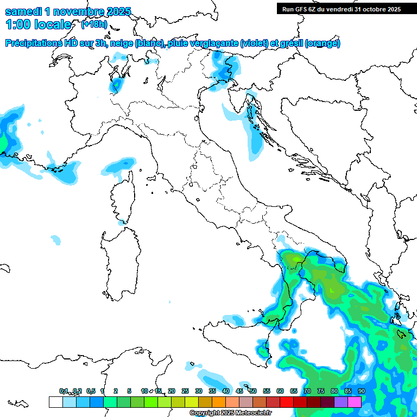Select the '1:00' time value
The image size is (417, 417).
(x=20, y=24)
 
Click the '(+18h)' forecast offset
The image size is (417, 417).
(x=94, y=24)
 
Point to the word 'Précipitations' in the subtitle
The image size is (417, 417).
(x=34, y=43)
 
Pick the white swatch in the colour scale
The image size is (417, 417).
(x=55, y=402)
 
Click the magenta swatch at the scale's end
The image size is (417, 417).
(x=355, y=402)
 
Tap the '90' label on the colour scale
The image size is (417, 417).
(x=362, y=391)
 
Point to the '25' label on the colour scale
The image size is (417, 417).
(x=185, y=391)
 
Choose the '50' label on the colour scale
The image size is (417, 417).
(x=253, y=391)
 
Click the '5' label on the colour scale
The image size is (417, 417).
(x=129, y=391)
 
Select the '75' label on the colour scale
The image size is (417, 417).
(x=321, y=391)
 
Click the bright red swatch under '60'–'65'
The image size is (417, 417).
(x=287, y=402)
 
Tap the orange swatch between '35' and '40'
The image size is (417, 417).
(x=219, y=402)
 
